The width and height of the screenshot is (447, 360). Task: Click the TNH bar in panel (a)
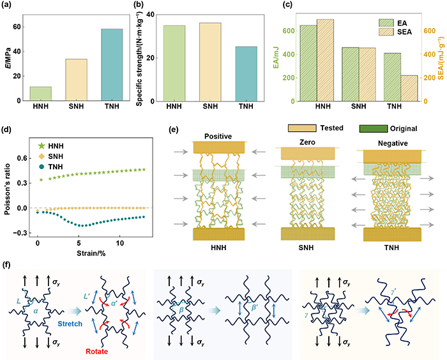tap(112, 64)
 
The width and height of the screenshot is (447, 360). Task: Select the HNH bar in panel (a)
tap(41, 94)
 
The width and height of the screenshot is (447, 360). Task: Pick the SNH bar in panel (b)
tap(210, 62)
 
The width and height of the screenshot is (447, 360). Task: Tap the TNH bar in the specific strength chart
tap(246, 74)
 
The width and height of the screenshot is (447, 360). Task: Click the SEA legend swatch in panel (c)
tap(386, 32)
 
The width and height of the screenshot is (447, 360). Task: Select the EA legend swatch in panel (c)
tap(386, 23)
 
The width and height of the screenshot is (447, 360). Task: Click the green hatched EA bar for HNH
tap(308, 63)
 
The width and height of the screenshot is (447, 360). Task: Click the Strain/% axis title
tap(91, 253)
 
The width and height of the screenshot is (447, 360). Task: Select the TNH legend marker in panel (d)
tap(42, 167)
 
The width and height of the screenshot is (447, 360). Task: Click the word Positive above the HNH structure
tap(218, 137)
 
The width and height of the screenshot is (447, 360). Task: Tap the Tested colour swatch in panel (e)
tap(302, 128)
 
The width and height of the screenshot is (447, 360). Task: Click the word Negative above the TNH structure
tap(393, 144)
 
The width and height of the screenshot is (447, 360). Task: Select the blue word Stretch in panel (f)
tap(70, 324)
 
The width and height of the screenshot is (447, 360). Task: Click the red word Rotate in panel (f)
tap(97, 352)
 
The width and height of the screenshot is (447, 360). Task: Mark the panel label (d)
tap(6, 130)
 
